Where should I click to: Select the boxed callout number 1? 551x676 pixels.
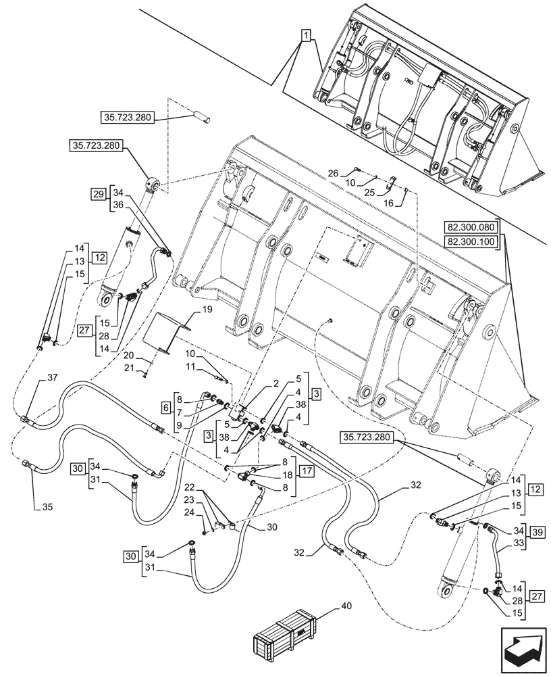click(x=307, y=36)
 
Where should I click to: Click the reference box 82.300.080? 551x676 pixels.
click(x=471, y=227)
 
